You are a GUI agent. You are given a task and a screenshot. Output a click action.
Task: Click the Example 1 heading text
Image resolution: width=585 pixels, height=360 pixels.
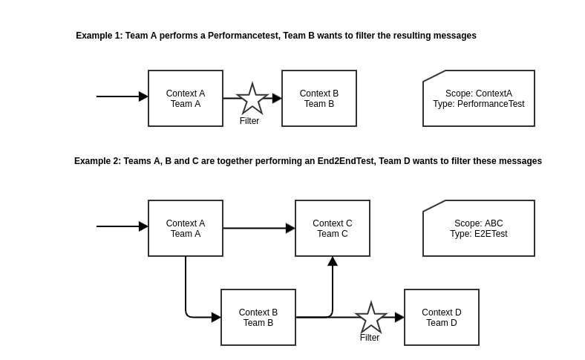(x=275, y=36)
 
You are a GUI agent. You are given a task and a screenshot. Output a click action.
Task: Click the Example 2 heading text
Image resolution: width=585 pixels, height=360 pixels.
(x=307, y=161)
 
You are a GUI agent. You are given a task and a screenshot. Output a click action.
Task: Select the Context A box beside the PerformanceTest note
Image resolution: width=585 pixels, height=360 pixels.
(x=185, y=99)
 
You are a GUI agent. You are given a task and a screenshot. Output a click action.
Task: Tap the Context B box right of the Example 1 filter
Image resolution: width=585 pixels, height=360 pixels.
(x=318, y=99)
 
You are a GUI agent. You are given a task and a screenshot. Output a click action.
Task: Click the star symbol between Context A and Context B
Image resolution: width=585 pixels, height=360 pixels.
(x=252, y=99)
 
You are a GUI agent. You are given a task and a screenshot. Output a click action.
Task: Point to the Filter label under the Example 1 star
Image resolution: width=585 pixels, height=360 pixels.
(x=249, y=121)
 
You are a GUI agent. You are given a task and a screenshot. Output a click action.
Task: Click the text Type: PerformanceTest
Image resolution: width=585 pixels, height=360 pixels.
(x=478, y=104)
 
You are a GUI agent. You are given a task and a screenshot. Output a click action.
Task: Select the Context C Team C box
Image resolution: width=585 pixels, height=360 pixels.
(x=332, y=229)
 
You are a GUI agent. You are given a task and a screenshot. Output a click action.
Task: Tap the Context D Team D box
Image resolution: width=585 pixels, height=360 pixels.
(x=441, y=318)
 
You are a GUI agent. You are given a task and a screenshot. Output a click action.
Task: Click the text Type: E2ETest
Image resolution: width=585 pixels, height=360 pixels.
(x=478, y=234)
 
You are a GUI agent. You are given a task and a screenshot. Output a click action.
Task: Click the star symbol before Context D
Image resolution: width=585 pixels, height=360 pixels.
(x=371, y=318)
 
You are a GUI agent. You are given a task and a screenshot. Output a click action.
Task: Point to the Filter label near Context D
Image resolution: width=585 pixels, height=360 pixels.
(x=370, y=338)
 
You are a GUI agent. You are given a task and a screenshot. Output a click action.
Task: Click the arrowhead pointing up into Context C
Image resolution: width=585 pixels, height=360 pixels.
(x=333, y=261)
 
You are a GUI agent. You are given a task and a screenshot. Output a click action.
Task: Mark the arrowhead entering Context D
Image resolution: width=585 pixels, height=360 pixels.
(x=399, y=318)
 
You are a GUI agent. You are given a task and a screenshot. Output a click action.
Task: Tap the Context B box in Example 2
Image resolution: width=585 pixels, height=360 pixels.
(x=258, y=318)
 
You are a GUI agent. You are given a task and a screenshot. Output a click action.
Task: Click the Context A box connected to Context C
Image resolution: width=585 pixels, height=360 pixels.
(x=185, y=229)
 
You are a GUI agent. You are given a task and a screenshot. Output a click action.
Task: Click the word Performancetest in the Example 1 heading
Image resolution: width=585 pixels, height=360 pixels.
(x=244, y=36)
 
